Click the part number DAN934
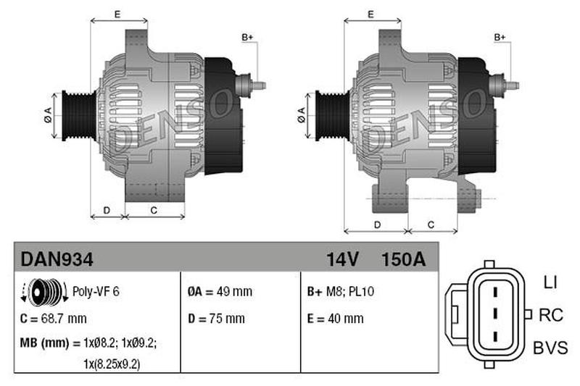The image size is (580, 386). [x=57, y=259]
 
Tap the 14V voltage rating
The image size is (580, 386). [x=342, y=259]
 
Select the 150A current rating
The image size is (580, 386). [x=404, y=259]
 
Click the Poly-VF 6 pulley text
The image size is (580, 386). [x=96, y=291]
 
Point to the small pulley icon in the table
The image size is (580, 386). [x=43, y=292]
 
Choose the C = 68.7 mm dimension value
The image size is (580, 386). [x=53, y=319]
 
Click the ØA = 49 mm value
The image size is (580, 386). [x=220, y=291]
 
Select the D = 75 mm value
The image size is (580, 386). [x=216, y=319]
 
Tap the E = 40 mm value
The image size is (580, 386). [x=335, y=319]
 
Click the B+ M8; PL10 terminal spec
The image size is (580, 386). [x=340, y=291]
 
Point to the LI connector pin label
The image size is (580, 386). [x=550, y=282]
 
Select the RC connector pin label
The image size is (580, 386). [x=551, y=315]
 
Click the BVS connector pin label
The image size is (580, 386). [x=550, y=348]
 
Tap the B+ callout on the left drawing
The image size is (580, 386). [x=247, y=37]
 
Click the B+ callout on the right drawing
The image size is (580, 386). [x=500, y=37]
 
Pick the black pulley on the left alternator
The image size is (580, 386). [x=79, y=116]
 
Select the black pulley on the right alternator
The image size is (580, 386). [x=333, y=116]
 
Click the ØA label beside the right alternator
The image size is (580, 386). [x=301, y=115]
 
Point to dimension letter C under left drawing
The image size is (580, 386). [x=154, y=210]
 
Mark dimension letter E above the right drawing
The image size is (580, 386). [x=370, y=14]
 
